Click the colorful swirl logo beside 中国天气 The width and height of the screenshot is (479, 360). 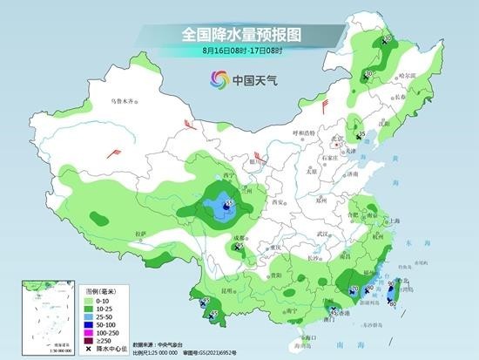217,79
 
